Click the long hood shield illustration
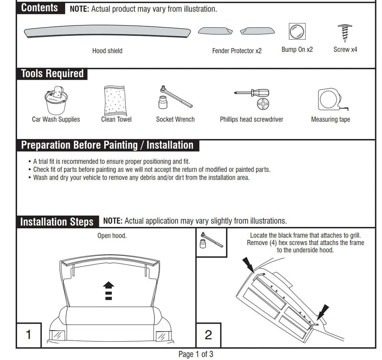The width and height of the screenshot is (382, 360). pos(107,32)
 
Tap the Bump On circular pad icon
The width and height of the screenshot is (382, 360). pos(297,31)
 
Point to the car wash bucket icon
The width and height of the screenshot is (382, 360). pos(55,100)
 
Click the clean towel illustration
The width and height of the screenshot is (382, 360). pos(116,101)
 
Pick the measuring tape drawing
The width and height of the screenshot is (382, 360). pos(331,100)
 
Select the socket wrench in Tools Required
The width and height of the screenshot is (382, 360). pos(174,98)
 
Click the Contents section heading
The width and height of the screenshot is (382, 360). pos(40,8)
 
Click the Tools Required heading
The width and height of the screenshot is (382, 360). pos(52,74)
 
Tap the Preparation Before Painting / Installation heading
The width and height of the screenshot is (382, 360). pos(107,145)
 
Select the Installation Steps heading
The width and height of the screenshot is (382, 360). pos(57,222)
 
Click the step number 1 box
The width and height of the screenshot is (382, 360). pos(28,335)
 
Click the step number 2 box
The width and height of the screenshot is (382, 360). pos(208,335)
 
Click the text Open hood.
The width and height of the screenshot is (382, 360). pos(112,236)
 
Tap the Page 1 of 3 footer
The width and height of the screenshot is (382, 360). pos(196,354)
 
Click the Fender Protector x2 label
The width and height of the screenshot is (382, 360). pos(237,51)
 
